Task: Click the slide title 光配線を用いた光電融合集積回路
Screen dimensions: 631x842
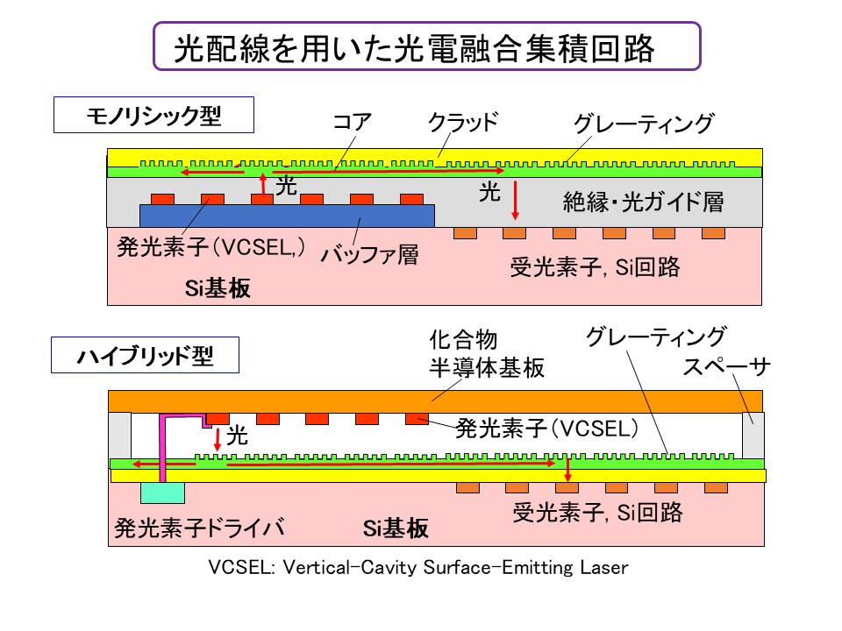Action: coord(414,48)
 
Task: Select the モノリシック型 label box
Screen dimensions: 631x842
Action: coord(154,116)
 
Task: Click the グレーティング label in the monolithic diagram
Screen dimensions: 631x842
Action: coord(643,124)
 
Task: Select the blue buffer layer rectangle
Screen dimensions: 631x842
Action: coord(288,216)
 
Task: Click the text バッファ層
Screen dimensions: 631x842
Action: coord(369,255)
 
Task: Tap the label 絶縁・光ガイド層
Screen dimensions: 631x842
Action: coord(643,202)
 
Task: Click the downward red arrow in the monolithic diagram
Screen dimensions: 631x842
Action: coord(516,199)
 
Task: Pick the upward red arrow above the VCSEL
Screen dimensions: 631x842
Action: coord(262,184)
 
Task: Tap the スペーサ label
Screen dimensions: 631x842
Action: coord(726,367)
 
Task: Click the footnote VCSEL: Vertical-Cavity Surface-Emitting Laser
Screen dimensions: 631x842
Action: coord(418,568)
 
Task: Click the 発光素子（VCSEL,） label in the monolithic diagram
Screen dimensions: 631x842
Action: coord(211,247)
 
